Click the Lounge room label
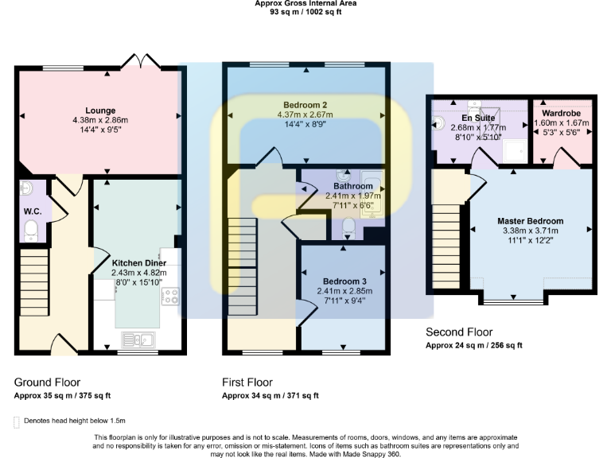101,111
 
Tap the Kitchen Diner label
138,263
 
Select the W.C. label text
32,212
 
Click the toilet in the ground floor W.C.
31,231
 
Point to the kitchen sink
138,340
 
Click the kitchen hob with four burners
170,297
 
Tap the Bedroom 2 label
305,105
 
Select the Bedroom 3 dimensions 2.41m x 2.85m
344,291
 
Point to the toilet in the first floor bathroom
348,229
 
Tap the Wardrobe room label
562,114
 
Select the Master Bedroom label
531,221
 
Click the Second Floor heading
459,332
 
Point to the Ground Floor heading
47,382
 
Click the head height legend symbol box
17,421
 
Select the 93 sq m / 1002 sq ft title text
305,12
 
